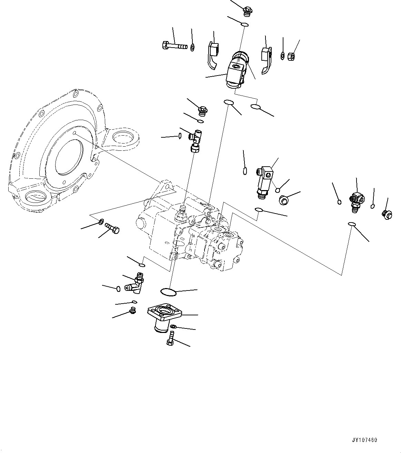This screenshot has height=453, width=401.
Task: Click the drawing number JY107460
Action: click(365, 440)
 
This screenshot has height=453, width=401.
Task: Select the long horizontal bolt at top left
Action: click(174, 45)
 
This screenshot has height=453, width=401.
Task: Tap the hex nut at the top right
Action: click(290, 55)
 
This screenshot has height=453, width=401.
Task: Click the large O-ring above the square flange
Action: click(168, 292)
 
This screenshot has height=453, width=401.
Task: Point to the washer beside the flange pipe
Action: click(174, 326)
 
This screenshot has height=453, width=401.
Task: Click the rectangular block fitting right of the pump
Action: click(264, 180)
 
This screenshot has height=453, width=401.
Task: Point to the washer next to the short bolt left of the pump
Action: click(101, 221)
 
